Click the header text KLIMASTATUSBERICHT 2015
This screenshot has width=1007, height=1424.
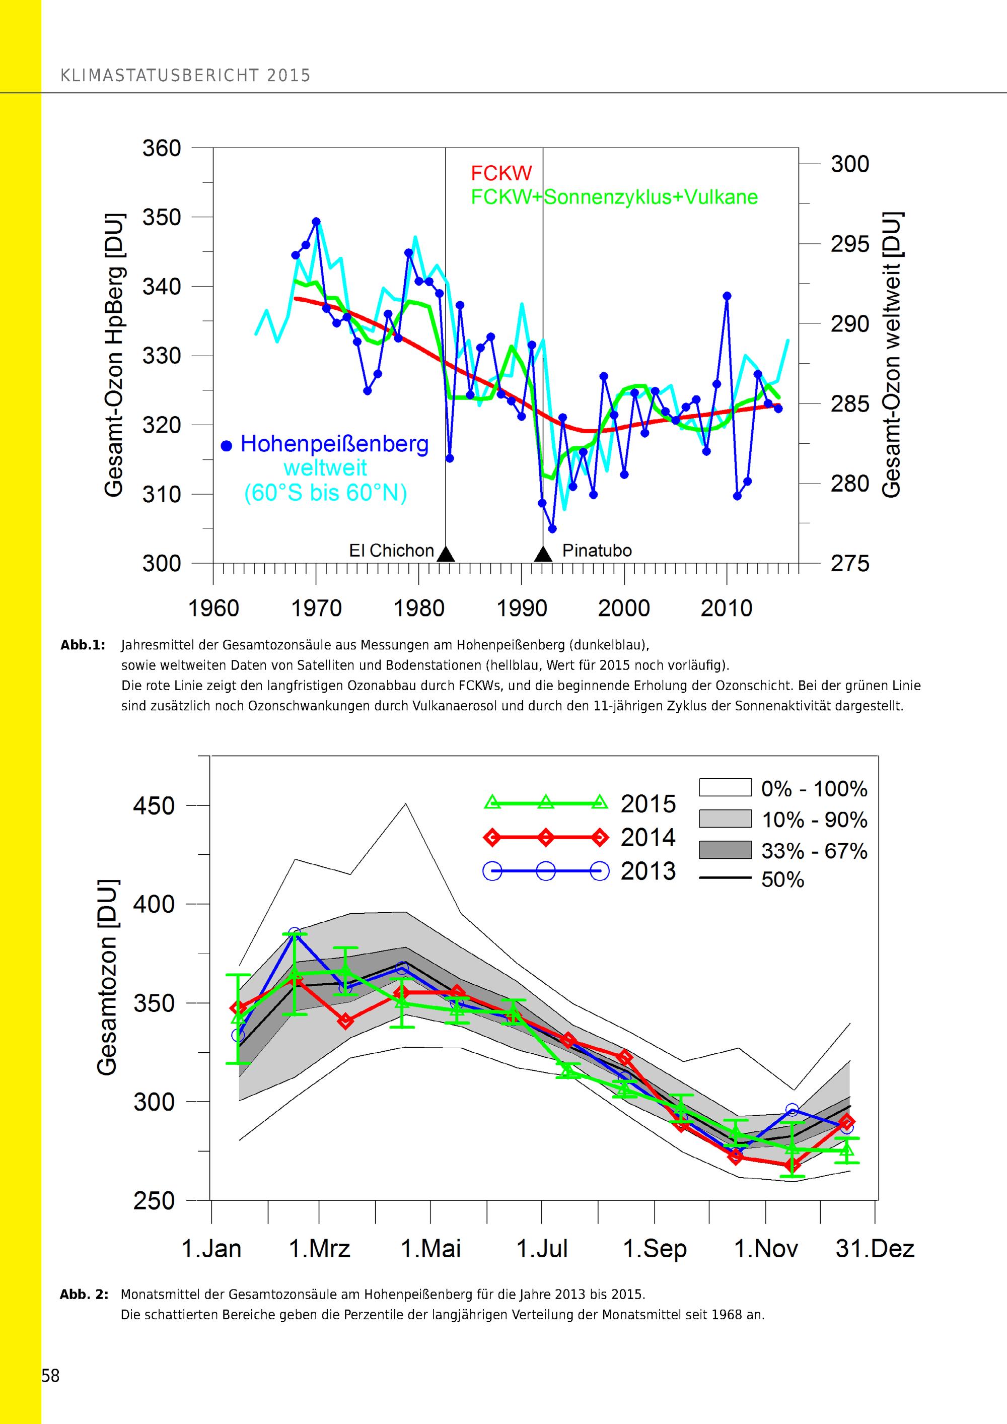pyautogui.click(x=185, y=76)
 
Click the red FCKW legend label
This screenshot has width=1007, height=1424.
pyautogui.click(x=501, y=173)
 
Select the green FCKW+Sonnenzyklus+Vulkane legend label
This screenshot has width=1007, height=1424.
pyautogui.click(x=614, y=197)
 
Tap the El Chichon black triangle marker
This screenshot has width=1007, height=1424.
pyautogui.click(x=446, y=554)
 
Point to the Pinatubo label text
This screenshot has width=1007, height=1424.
pyautogui.click(x=597, y=551)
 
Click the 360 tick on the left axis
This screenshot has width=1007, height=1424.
pyautogui.click(x=162, y=149)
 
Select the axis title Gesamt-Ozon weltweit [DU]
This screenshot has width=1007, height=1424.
pyautogui.click(x=892, y=354)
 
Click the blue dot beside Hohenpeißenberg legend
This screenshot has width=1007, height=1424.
pyautogui.click(x=227, y=445)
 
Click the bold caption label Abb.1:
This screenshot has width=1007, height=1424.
pyautogui.click(x=83, y=645)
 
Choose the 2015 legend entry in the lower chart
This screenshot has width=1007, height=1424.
pyautogui.click(x=648, y=804)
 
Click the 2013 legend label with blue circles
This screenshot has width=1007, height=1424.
pyautogui.click(x=648, y=871)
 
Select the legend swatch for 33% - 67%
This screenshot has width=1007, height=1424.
pyautogui.click(x=725, y=850)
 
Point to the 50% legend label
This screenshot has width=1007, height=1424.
pyautogui.click(x=782, y=879)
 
